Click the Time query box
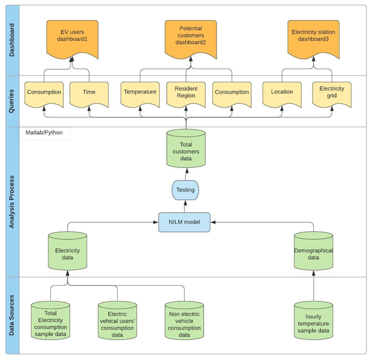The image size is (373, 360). click(x=89, y=93)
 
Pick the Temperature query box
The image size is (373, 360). click(x=140, y=93)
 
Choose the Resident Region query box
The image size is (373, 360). click(x=186, y=93)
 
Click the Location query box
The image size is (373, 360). click(x=282, y=93)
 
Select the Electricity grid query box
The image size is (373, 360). click(x=332, y=93)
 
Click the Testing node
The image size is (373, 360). click(x=185, y=191)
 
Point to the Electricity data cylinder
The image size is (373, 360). click(x=68, y=252)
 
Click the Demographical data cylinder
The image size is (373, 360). click(x=313, y=252)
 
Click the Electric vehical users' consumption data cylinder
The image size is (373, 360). click(x=118, y=323)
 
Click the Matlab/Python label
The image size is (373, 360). click(x=44, y=133)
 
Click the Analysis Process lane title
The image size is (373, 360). click(x=11, y=201)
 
